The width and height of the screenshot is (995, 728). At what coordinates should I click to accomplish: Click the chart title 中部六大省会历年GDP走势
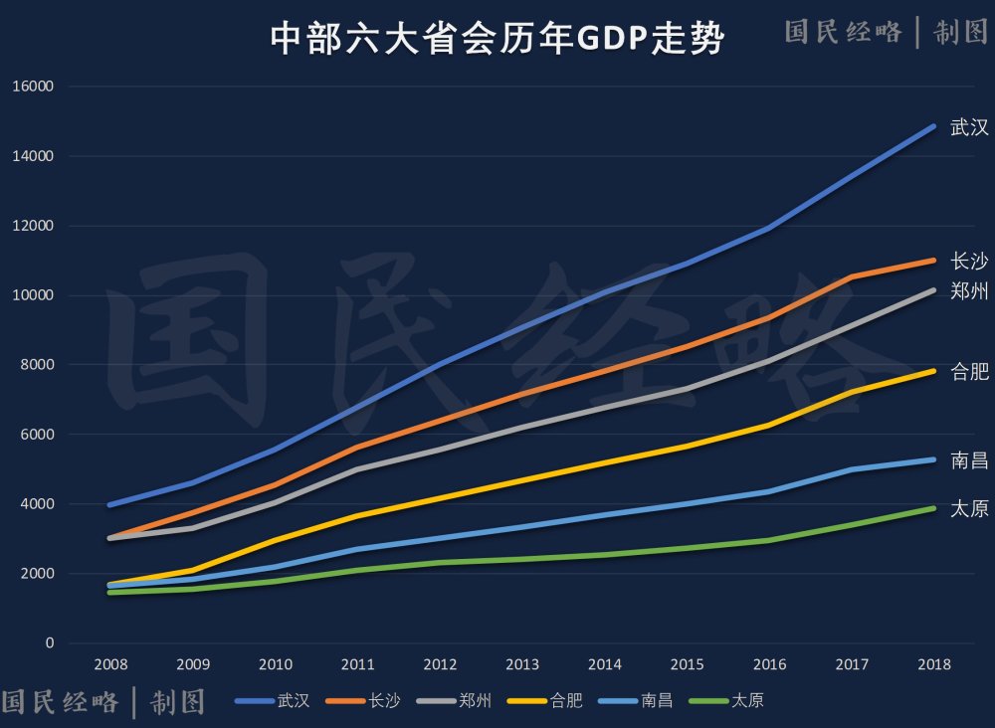pyautogui.click(x=497, y=40)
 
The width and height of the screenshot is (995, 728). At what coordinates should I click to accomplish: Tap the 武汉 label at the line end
pyautogui.click(x=969, y=127)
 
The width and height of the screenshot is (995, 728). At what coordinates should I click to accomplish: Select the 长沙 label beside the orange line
pyautogui.click(x=969, y=261)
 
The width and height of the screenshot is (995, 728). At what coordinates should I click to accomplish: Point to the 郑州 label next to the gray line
pyautogui.click(x=969, y=291)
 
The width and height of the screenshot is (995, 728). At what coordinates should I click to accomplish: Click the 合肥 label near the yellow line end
pyautogui.click(x=969, y=372)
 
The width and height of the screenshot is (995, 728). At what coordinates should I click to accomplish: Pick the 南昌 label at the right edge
pyautogui.click(x=969, y=459)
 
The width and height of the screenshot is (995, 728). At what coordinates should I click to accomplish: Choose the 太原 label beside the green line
pyautogui.click(x=969, y=509)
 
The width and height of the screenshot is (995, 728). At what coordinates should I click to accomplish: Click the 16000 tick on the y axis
pyautogui.click(x=36, y=87)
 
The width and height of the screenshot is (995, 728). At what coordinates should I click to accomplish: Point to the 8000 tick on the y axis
pyautogui.click(x=39, y=365)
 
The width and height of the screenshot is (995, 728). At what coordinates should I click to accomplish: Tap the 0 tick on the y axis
pyautogui.click(x=50, y=643)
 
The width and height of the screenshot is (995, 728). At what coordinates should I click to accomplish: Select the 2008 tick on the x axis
pyautogui.click(x=109, y=664)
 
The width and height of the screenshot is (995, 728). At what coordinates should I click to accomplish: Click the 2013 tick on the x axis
pyautogui.click(x=522, y=664)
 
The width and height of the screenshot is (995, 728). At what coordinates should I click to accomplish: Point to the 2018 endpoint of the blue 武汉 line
pyautogui.click(x=933, y=126)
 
